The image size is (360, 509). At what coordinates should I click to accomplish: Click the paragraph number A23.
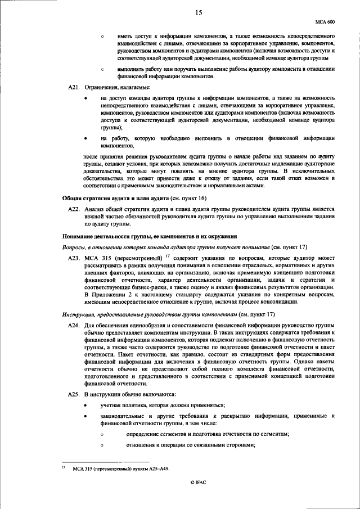(74, 258)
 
